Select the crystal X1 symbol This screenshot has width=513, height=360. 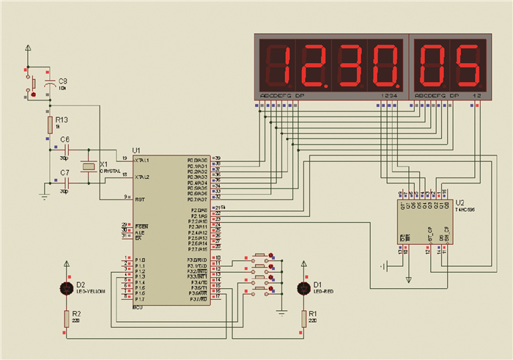click(88, 167)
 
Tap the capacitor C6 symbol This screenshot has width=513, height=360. click(75, 149)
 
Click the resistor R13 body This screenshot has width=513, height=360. click(51, 123)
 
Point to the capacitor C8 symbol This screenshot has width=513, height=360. click(50, 87)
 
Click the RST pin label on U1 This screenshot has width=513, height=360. click(139, 197)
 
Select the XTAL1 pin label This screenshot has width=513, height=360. click(141, 160)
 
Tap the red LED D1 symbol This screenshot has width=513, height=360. click(303, 288)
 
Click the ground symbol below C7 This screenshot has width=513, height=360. click(45, 196)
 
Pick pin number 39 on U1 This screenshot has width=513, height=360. click(217, 158)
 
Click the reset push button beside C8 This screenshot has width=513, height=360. click(32, 85)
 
